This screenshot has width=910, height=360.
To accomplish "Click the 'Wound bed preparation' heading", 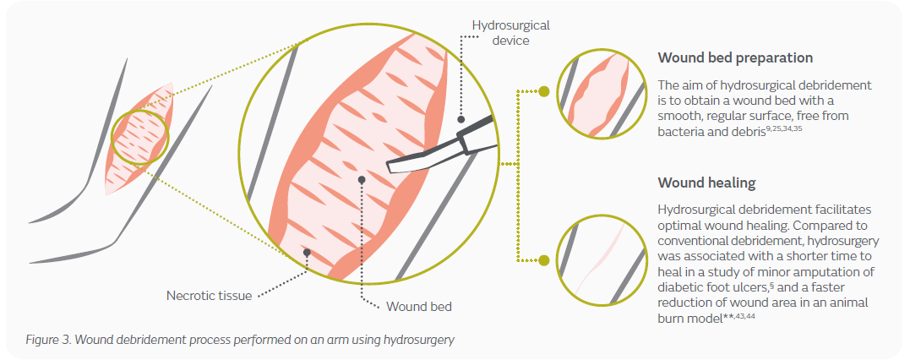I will click(x=735, y=58).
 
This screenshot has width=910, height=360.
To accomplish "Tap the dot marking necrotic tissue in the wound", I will click(x=308, y=252).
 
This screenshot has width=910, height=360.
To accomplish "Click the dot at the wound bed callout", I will click(x=362, y=179).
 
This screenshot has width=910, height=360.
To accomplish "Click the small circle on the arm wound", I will click(x=140, y=135).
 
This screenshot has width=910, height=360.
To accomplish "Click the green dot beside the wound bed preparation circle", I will click(x=544, y=90).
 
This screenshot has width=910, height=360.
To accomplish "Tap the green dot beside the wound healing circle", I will click(x=544, y=260).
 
